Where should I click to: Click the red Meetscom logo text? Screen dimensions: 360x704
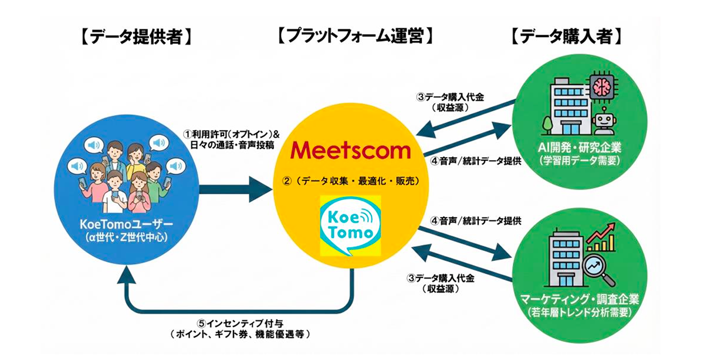pos(351,150)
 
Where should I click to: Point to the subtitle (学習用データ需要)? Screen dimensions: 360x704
pos(578,160)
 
